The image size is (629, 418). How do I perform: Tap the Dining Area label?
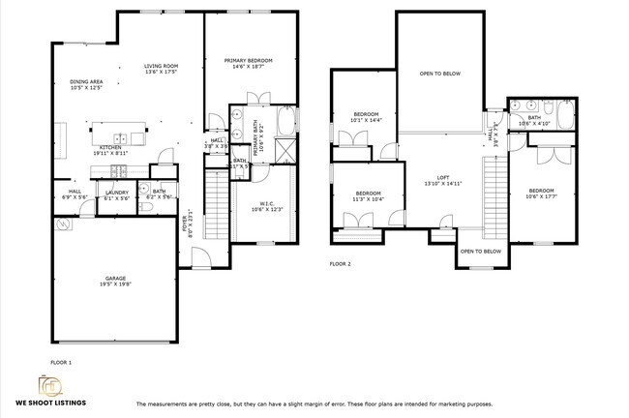click(x=87, y=81)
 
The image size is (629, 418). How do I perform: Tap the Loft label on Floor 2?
click(x=442, y=177)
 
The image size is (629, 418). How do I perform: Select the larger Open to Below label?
click(x=438, y=74)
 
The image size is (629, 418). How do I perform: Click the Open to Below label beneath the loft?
click(x=481, y=251)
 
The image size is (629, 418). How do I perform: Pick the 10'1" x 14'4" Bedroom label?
click(x=367, y=114)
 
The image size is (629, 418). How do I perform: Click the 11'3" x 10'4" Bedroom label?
click(x=368, y=194)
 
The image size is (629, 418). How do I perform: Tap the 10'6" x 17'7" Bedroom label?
click(x=541, y=191)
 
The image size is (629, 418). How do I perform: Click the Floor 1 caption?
click(x=60, y=362)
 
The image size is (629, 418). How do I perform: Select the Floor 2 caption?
click(x=340, y=263)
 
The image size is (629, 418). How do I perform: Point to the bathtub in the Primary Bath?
click(x=288, y=122)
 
